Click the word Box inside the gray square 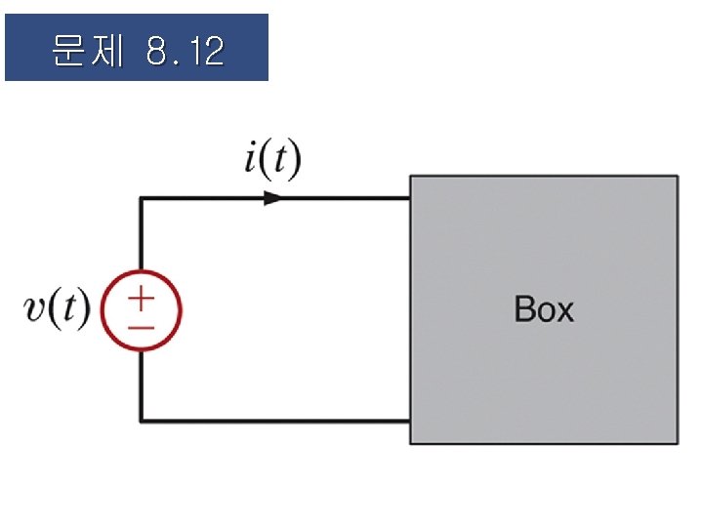[544, 309]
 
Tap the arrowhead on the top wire [272, 198]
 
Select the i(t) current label [271, 161]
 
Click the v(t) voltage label [57, 310]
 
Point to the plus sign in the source [142, 297]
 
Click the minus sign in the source [142, 327]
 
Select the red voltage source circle [142, 311]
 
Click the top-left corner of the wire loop [142, 198]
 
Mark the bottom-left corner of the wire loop [142, 421]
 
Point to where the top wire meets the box [409, 198]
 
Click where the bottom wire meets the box [409, 421]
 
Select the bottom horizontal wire [273, 421]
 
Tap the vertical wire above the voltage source [142, 234]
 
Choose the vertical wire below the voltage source [142, 385]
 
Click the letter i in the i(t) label [251, 161]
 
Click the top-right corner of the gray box [676, 177]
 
